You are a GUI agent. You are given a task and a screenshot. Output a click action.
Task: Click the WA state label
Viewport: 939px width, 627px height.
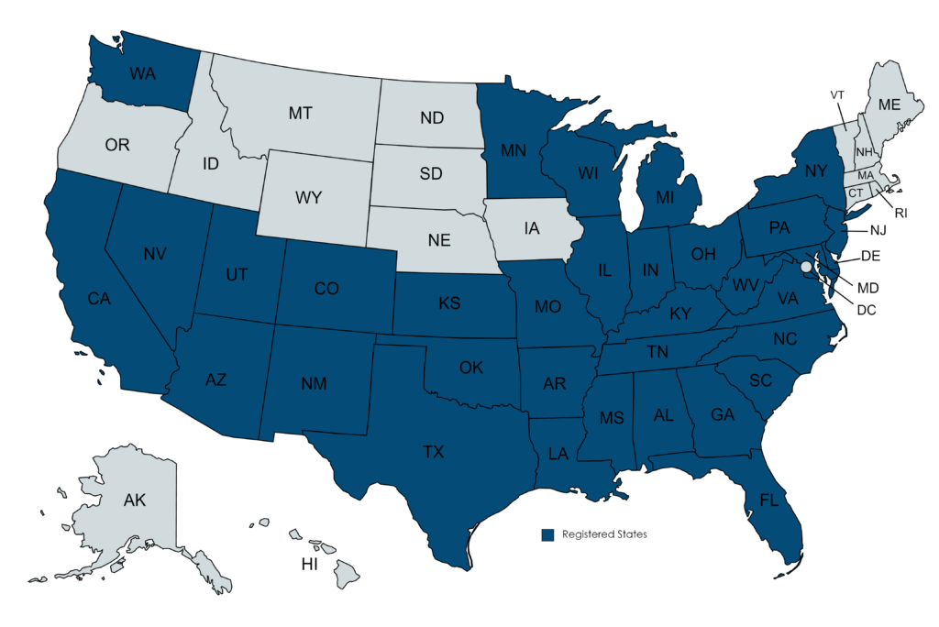coord(142,72)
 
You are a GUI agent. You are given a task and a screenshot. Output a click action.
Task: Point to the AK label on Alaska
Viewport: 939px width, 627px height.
coord(135,500)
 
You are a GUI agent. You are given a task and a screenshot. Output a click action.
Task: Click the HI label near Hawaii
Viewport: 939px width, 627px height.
coord(310,564)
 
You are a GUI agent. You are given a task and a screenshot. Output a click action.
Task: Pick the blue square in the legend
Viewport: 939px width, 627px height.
coord(547,533)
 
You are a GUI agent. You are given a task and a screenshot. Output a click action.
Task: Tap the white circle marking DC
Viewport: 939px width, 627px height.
coord(806,267)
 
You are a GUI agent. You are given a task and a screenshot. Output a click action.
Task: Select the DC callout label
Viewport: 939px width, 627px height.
coord(866,310)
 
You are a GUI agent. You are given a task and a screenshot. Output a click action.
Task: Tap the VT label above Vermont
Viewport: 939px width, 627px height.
coord(837,95)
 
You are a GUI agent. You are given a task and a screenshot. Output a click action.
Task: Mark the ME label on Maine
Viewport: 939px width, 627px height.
coord(889,104)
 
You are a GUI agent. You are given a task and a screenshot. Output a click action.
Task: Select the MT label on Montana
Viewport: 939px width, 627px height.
coord(301,114)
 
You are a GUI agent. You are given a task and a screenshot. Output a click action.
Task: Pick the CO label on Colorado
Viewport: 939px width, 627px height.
coord(326,289)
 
